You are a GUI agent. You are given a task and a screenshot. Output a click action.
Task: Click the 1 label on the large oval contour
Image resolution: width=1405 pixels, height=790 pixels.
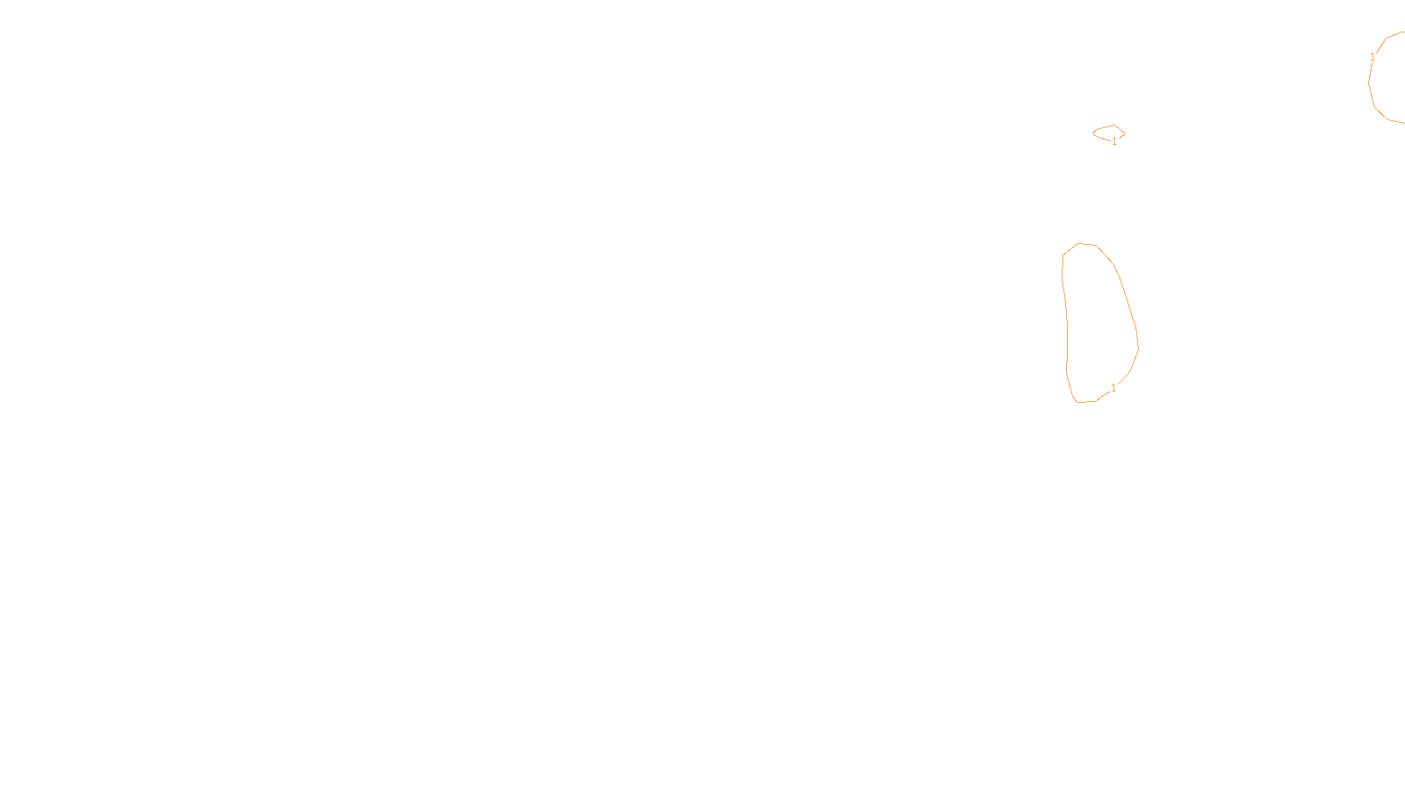pyautogui.click(x=1113, y=388)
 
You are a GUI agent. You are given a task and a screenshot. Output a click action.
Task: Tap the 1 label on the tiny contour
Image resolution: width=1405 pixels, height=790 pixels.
pyautogui.click(x=1114, y=141)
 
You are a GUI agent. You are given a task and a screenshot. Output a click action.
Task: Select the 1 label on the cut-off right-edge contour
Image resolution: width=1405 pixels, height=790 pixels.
pyautogui.click(x=1373, y=58)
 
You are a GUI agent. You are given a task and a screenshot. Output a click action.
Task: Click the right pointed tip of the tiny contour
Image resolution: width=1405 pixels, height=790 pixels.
pyautogui.click(x=1124, y=133)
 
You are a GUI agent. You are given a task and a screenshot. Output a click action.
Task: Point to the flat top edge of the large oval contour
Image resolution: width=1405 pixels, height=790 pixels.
pyautogui.click(x=1087, y=244)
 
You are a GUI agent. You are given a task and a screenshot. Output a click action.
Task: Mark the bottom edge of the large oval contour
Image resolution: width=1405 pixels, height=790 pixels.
pyautogui.click(x=1086, y=402)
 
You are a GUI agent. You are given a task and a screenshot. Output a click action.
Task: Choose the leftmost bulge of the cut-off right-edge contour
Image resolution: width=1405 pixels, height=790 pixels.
pyautogui.click(x=1369, y=83)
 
